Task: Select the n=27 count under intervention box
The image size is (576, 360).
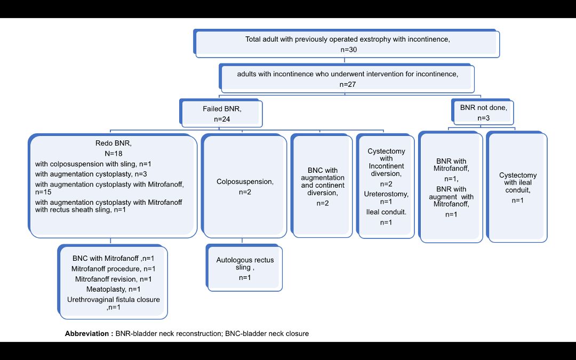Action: coord(347,84)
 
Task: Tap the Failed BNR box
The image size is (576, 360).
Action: coord(222,114)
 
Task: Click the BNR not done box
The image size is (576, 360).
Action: coord(483,111)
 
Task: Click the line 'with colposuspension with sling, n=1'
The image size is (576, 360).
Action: coord(94,164)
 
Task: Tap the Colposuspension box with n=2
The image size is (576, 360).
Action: coord(245,186)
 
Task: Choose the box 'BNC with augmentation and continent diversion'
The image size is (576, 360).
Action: coord(323,186)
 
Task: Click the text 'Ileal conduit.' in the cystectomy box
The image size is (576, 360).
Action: coord(386,212)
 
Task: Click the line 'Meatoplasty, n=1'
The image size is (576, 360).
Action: coord(113,290)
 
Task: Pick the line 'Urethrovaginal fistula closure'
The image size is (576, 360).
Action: coord(113,300)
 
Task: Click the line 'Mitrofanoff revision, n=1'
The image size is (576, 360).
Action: coord(113,279)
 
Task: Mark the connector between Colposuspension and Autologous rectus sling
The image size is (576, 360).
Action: coord(242,242)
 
